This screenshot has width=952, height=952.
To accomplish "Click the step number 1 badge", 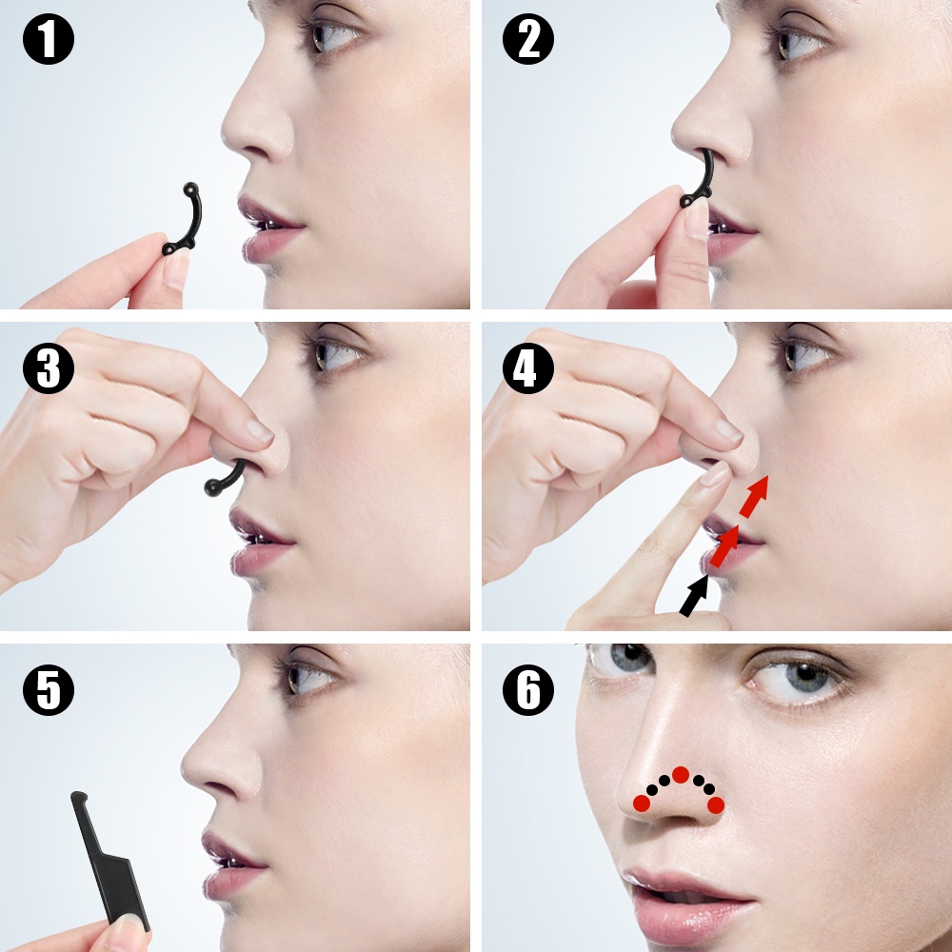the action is point(49,39).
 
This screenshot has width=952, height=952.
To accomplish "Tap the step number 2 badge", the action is point(528,39).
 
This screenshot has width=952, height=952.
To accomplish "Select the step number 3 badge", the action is point(49,367).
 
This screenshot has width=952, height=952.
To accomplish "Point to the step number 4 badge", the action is point(528,367).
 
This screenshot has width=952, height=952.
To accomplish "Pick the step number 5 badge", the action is point(49,689).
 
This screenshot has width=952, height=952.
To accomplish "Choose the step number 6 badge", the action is point(528,689).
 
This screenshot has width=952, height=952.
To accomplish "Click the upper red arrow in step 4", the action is point(754,496).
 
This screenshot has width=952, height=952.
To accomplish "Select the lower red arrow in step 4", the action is point(724,545).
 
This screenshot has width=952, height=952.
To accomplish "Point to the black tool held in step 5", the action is point(109,858).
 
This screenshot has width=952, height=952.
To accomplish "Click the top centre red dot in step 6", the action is point(681,775).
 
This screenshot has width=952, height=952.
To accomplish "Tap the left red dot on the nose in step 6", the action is point(642,803).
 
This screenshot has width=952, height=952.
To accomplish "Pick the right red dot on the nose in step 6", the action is point(716,805).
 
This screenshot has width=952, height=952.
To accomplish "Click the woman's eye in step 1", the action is point(332,35).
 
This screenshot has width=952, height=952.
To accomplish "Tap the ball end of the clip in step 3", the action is point(212,486).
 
